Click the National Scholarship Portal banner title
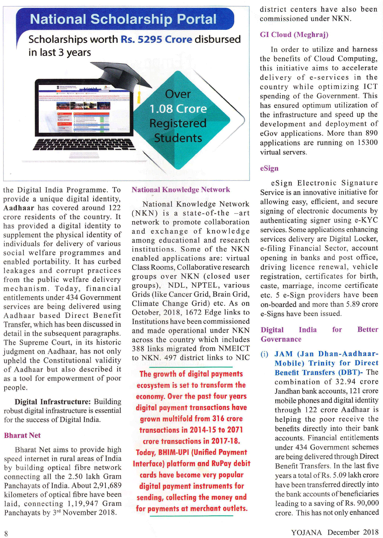coord(123,19)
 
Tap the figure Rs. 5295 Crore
coord(156,39)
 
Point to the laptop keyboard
coord(84,144)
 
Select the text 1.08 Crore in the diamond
coord(178,109)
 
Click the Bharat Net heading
coord(22,435)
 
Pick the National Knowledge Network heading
coord(181,190)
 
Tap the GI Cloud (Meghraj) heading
coord(294,35)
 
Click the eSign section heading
coord(269,169)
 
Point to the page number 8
coord(6,533)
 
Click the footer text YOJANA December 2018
coord(335,532)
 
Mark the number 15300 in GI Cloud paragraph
coord(367,143)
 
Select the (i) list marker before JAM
coord(264,354)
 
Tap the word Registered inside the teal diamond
coord(178,123)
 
